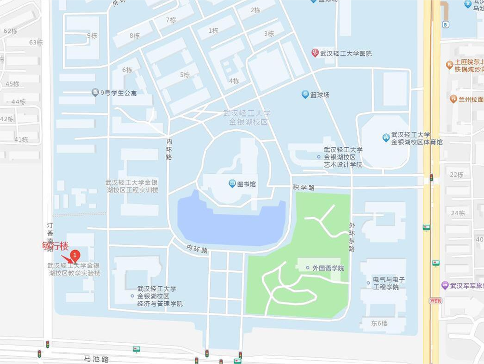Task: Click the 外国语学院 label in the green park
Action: pos(328,268)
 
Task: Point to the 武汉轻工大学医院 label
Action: pos(346,54)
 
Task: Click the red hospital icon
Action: pos(315,53)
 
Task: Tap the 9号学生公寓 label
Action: pos(118,93)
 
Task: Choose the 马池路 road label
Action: pos(96,359)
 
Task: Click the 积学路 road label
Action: pos(304,187)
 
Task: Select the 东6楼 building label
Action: pos(379,323)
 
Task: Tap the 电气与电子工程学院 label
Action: pos(389,283)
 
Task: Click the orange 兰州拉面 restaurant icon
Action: pos(453,99)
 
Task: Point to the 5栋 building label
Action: pos(185,75)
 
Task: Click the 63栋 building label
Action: pos(36,42)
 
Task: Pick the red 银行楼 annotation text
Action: pos(55,245)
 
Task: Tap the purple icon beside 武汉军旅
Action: pos(445,285)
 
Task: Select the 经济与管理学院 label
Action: pos(160,296)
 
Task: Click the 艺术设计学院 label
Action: pos(343,157)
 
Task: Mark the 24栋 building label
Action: pos(458,213)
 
